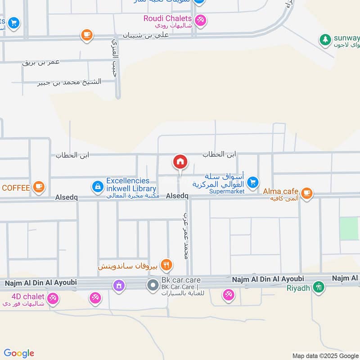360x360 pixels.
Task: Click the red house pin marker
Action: (x=180, y=162)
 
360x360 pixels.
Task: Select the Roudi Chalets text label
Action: (x=167, y=18)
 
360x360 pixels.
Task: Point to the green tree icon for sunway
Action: (x=324, y=40)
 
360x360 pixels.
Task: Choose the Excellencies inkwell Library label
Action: (x=131, y=185)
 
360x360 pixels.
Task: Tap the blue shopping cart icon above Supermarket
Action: (x=253, y=182)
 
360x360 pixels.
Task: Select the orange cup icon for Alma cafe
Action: (x=307, y=193)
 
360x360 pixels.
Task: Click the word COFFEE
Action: (x=16, y=187)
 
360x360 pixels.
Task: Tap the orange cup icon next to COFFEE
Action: (x=39, y=186)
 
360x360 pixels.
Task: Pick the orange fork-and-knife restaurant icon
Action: (x=166, y=265)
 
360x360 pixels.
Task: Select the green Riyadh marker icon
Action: (x=319, y=287)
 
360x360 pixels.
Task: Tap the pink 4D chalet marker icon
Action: (x=53, y=297)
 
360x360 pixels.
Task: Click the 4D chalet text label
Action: (x=28, y=296)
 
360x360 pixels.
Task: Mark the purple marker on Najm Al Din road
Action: (x=119, y=285)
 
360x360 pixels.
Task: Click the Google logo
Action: (x=19, y=353)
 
